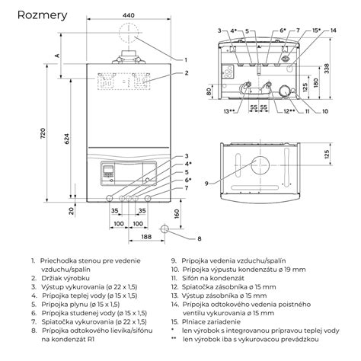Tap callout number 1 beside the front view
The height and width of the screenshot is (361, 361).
[x=186, y=59]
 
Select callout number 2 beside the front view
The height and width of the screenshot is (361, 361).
[x=186, y=73]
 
